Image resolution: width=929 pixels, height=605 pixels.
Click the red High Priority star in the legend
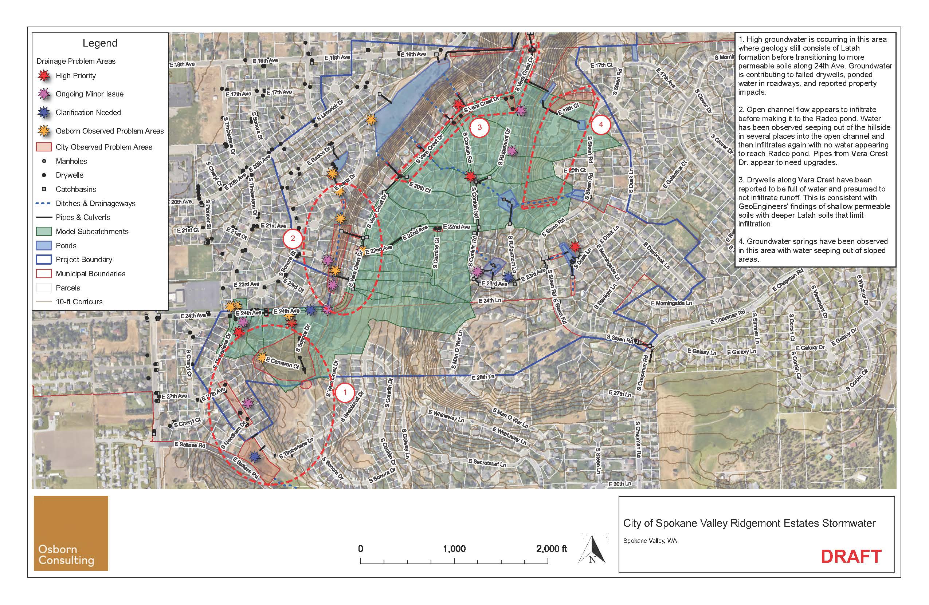tap(44, 76)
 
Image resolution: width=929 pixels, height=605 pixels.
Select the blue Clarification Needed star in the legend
tap(44, 113)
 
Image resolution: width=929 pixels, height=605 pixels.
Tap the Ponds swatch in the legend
tap(44, 246)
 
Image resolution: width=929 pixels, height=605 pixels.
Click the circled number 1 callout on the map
tap(345, 393)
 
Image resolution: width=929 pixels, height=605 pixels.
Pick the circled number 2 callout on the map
tap(293, 239)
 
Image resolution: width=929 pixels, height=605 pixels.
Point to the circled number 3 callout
tap(479, 127)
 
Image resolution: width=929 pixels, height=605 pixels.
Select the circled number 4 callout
tap(601, 125)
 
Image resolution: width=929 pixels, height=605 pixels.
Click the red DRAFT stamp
tap(851, 557)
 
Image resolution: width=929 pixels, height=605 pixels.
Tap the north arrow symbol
tap(592, 549)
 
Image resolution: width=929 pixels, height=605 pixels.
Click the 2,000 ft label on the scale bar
tap(552, 549)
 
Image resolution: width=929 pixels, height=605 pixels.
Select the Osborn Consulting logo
tap(71, 533)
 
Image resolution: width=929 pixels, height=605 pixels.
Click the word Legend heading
tap(100, 43)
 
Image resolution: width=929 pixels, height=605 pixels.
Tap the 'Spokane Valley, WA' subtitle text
tap(650, 541)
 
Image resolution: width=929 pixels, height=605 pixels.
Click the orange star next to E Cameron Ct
tap(261, 357)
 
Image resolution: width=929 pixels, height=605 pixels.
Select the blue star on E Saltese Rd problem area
tap(255, 456)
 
